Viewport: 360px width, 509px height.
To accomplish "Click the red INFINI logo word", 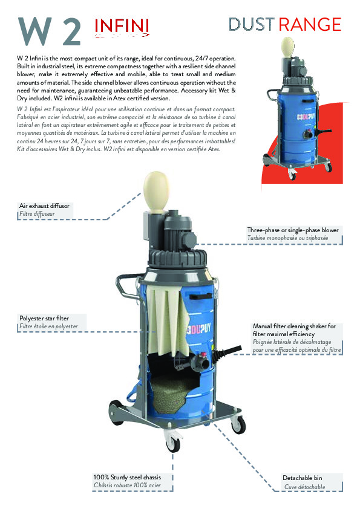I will (122, 26).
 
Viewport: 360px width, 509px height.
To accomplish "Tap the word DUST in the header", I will (252, 25).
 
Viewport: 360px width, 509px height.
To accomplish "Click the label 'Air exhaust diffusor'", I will (45, 206).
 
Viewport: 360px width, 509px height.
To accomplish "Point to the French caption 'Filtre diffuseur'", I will (40, 214).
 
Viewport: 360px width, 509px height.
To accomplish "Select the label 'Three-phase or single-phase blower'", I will (293, 230).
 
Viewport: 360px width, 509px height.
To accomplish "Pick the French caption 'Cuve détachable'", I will (305, 487).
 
